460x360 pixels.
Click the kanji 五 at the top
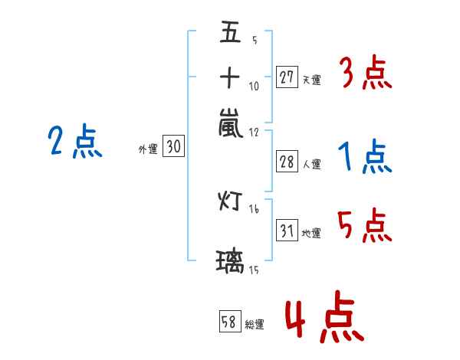(x=230, y=31)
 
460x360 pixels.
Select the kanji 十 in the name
(x=230, y=77)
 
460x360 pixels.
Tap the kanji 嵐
(x=231, y=123)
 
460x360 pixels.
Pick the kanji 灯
(x=230, y=201)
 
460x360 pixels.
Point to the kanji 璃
(x=230, y=262)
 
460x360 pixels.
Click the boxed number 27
(x=287, y=77)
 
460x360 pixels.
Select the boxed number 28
(x=287, y=162)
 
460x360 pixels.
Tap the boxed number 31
(x=287, y=230)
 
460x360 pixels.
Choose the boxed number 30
(x=173, y=146)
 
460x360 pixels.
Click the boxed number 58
(x=230, y=321)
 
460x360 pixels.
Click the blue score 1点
(x=365, y=156)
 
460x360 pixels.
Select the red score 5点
(x=364, y=225)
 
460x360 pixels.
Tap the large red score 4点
(x=324, y=316)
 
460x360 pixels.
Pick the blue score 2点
(x=75, y=141)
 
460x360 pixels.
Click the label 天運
(x=312, y=80)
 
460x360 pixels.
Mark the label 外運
(x=148, y=149)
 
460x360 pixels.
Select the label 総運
(x=255, y=325)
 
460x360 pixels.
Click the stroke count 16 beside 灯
(x=254, y=209)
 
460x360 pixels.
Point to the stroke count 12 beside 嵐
(x=254, y=133)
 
